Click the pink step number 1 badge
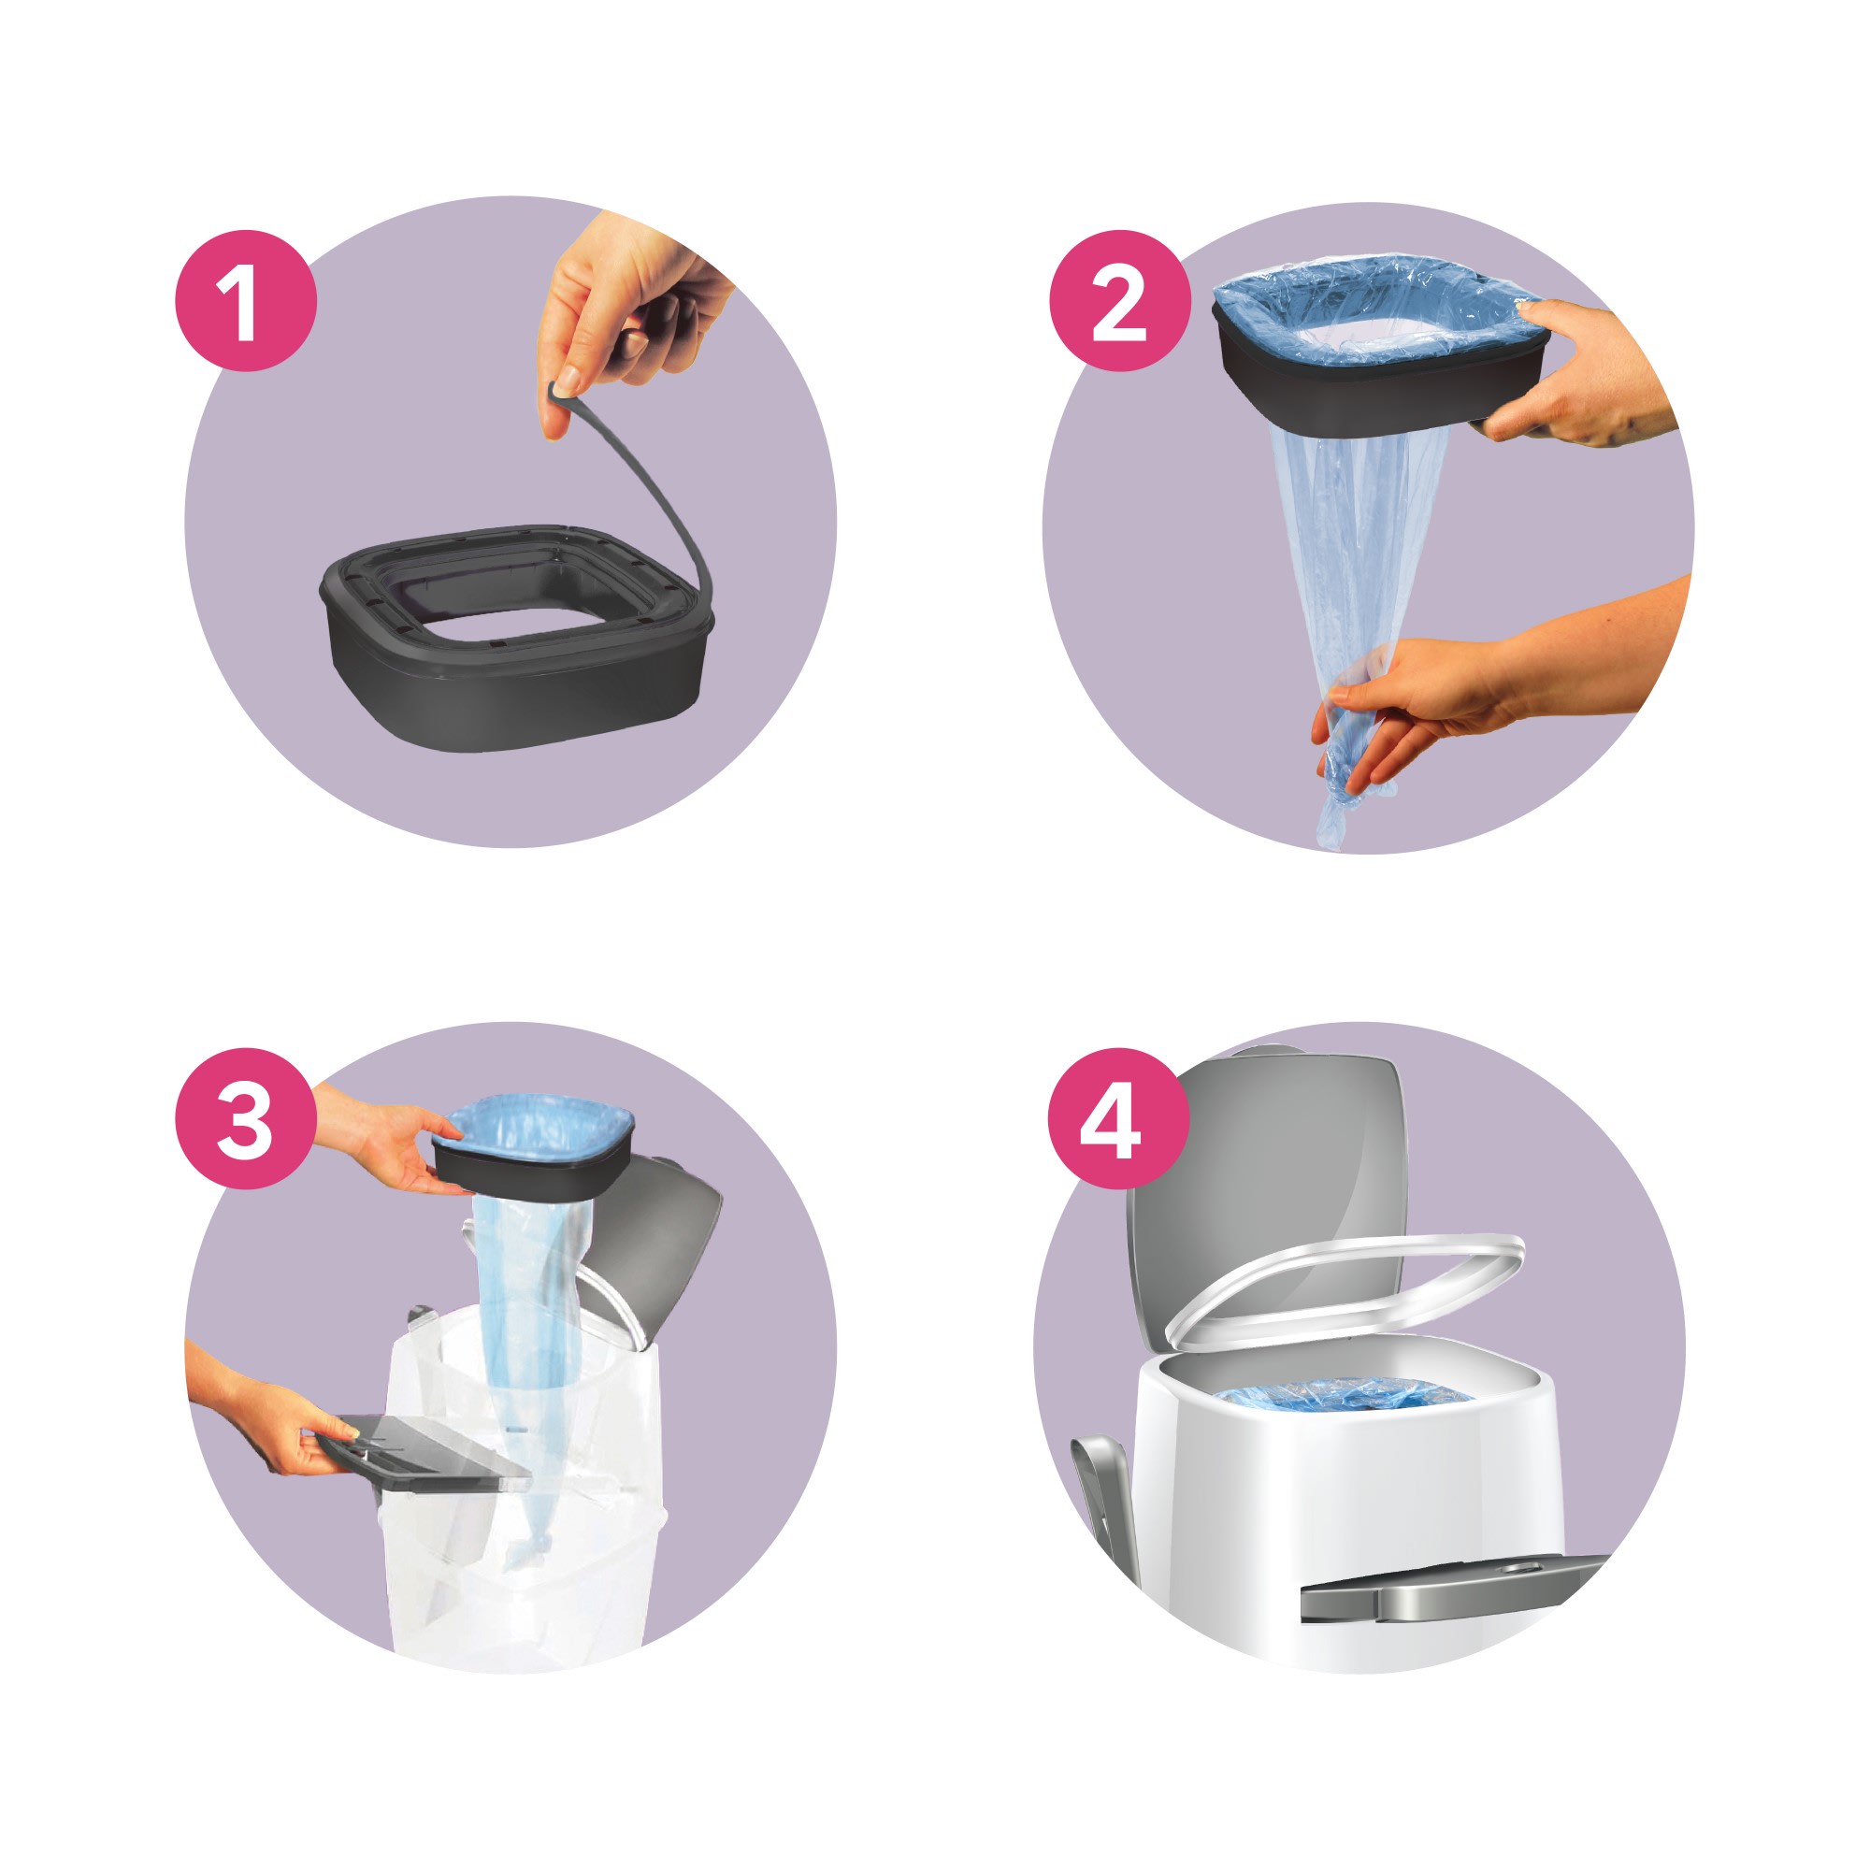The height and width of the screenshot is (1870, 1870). pyautogui.click(x=246, y=301)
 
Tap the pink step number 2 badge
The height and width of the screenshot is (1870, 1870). pyautogui.click(x=1120, y=301)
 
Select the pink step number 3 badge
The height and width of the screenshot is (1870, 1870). pyautogui.click(x=246, y=1119)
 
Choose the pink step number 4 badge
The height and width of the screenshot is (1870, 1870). pyautogui.click(x=1120, y=1119)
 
